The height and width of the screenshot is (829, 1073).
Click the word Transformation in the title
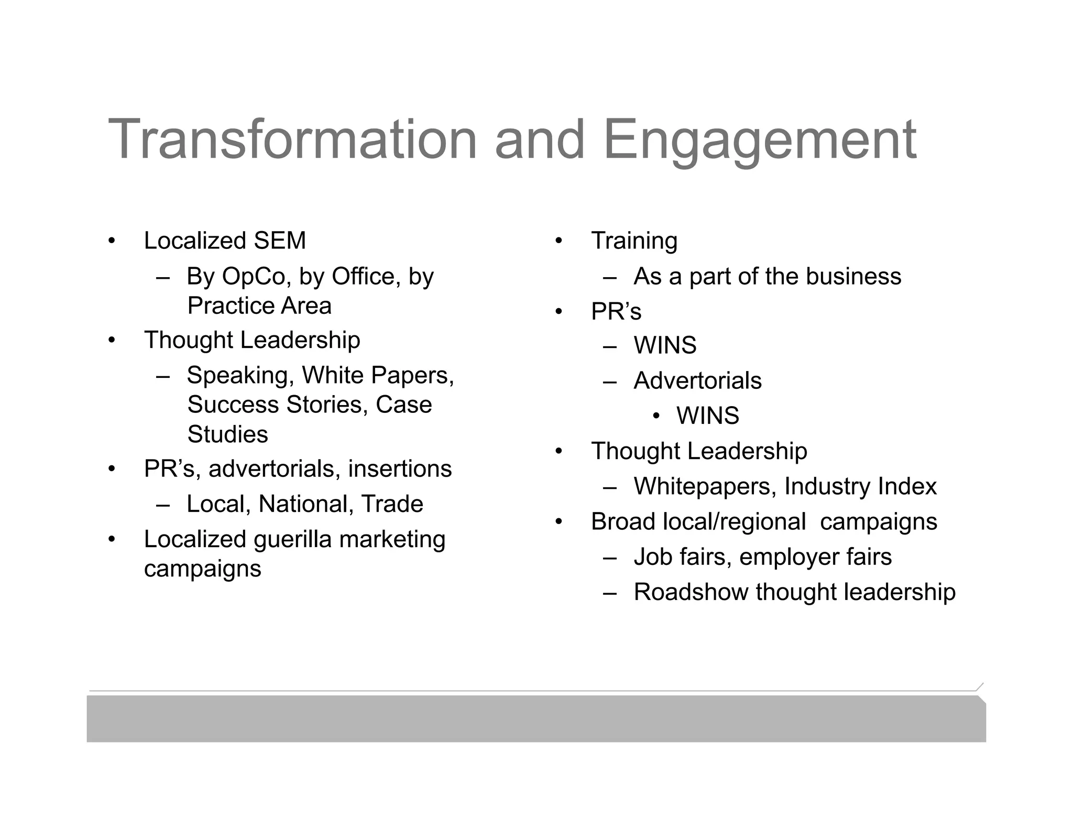point(292,139)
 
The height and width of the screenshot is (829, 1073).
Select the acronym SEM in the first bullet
point(280,241)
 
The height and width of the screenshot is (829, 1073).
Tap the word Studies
point(227,434)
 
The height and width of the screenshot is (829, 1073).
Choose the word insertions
point(400,468)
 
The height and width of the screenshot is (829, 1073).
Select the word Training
point(634,241)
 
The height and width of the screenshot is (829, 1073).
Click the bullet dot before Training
point(559,241)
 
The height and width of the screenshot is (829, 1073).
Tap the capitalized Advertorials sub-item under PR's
point(697,381)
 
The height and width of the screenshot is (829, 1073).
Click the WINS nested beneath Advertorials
point(707,416)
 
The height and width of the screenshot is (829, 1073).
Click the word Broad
point(623,522)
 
